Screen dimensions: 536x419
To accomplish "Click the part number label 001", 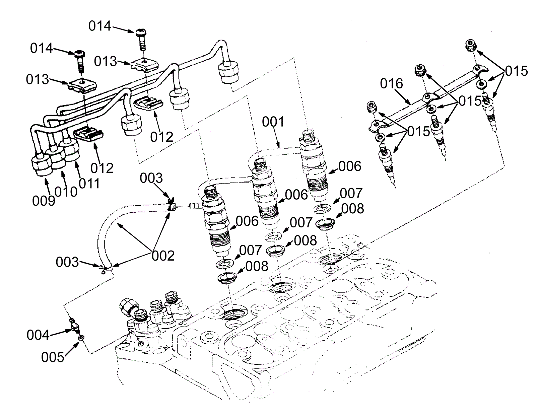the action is pyautogui.click(x=273, y=122).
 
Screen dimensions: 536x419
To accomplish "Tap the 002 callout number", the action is pyautogui.click(x=163, y=256).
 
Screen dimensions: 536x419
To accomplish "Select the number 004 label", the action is pyautogui.click(x=38, y=335).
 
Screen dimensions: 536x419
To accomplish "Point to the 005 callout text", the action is pyautogui.click(x=53, y=357).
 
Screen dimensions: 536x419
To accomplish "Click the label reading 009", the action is pyautogui.click(x=44, y=201).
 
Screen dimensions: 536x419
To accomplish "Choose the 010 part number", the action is pyautogui.click(x=66, y=192).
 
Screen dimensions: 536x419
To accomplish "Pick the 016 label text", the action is pyautogui.click(x=392, y=84).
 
